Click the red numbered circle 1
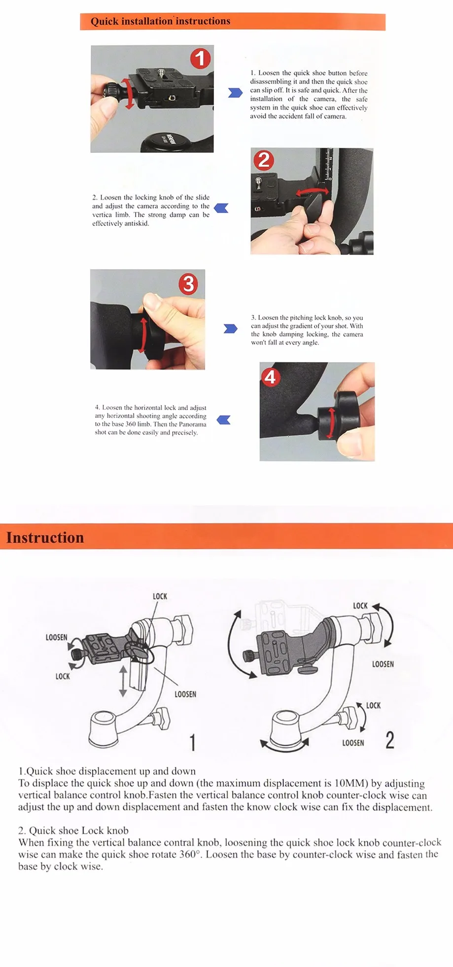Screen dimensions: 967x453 click(x=201, y=59)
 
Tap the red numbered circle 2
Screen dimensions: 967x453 click(x=264, y=161)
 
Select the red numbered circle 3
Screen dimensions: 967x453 click(x=188, y=284)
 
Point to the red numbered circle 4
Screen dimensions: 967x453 click(x=271, y=378)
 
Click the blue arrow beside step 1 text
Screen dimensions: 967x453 click(x=235, y=93)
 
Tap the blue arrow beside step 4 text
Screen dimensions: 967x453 click(x=224, y=420)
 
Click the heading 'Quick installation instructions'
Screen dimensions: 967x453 click(x=160, y=21)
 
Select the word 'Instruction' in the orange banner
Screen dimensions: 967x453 click(x=45, y=538)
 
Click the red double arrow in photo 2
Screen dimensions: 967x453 click(x=312, y=191)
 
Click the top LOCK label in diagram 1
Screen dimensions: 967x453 click(x=160, y=596)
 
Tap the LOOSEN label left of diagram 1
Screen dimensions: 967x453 click(x=56, y=637)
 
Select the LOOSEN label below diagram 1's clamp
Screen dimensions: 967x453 click(x=185, y=694)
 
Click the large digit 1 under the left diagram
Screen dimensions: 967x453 click(x=193, y=742)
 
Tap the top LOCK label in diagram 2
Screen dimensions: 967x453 click(x=360, y=606)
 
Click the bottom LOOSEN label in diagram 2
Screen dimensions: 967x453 click(x=353, y=743)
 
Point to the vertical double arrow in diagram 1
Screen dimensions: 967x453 click(x=123, y=681)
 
